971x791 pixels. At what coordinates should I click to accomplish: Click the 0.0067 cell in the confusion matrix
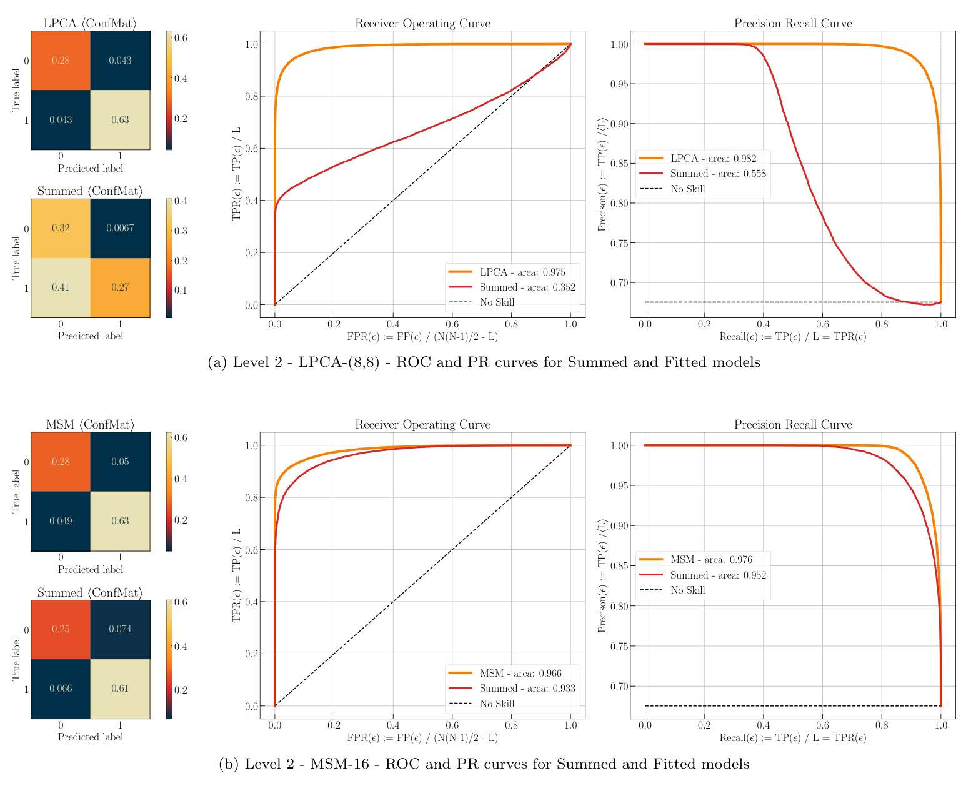click(120, 228)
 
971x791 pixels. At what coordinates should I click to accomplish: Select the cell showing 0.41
click(61, 287)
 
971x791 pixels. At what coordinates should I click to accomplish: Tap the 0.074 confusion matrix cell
click(120, 629)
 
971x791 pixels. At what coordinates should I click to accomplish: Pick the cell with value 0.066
click(61, 689)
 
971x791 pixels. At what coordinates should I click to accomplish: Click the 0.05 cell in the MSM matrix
click(120, 462)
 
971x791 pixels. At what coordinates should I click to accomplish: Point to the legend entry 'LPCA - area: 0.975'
click(522, 272)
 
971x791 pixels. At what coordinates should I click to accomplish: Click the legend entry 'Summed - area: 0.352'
click(527, 287)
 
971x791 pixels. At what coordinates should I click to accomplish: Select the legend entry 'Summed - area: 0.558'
click(717, 174)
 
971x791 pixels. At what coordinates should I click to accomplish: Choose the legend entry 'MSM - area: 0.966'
click(520, 674)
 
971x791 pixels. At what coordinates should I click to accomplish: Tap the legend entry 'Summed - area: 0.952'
click(717, 575)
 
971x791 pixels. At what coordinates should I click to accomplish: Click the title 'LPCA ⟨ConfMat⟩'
click(90, 24)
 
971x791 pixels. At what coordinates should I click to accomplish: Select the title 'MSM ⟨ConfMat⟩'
click(90, 425)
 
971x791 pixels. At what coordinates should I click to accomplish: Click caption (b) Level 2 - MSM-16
click(484, 764)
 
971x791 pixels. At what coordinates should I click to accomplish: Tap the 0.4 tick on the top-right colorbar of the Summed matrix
click(184, 201)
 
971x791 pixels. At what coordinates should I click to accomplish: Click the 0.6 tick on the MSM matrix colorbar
click(184, 438)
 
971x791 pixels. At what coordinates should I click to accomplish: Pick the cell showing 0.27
click(120, 287)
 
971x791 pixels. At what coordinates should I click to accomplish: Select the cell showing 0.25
click(61, 629)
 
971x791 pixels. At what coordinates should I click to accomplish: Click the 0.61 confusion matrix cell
click(120, 689)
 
